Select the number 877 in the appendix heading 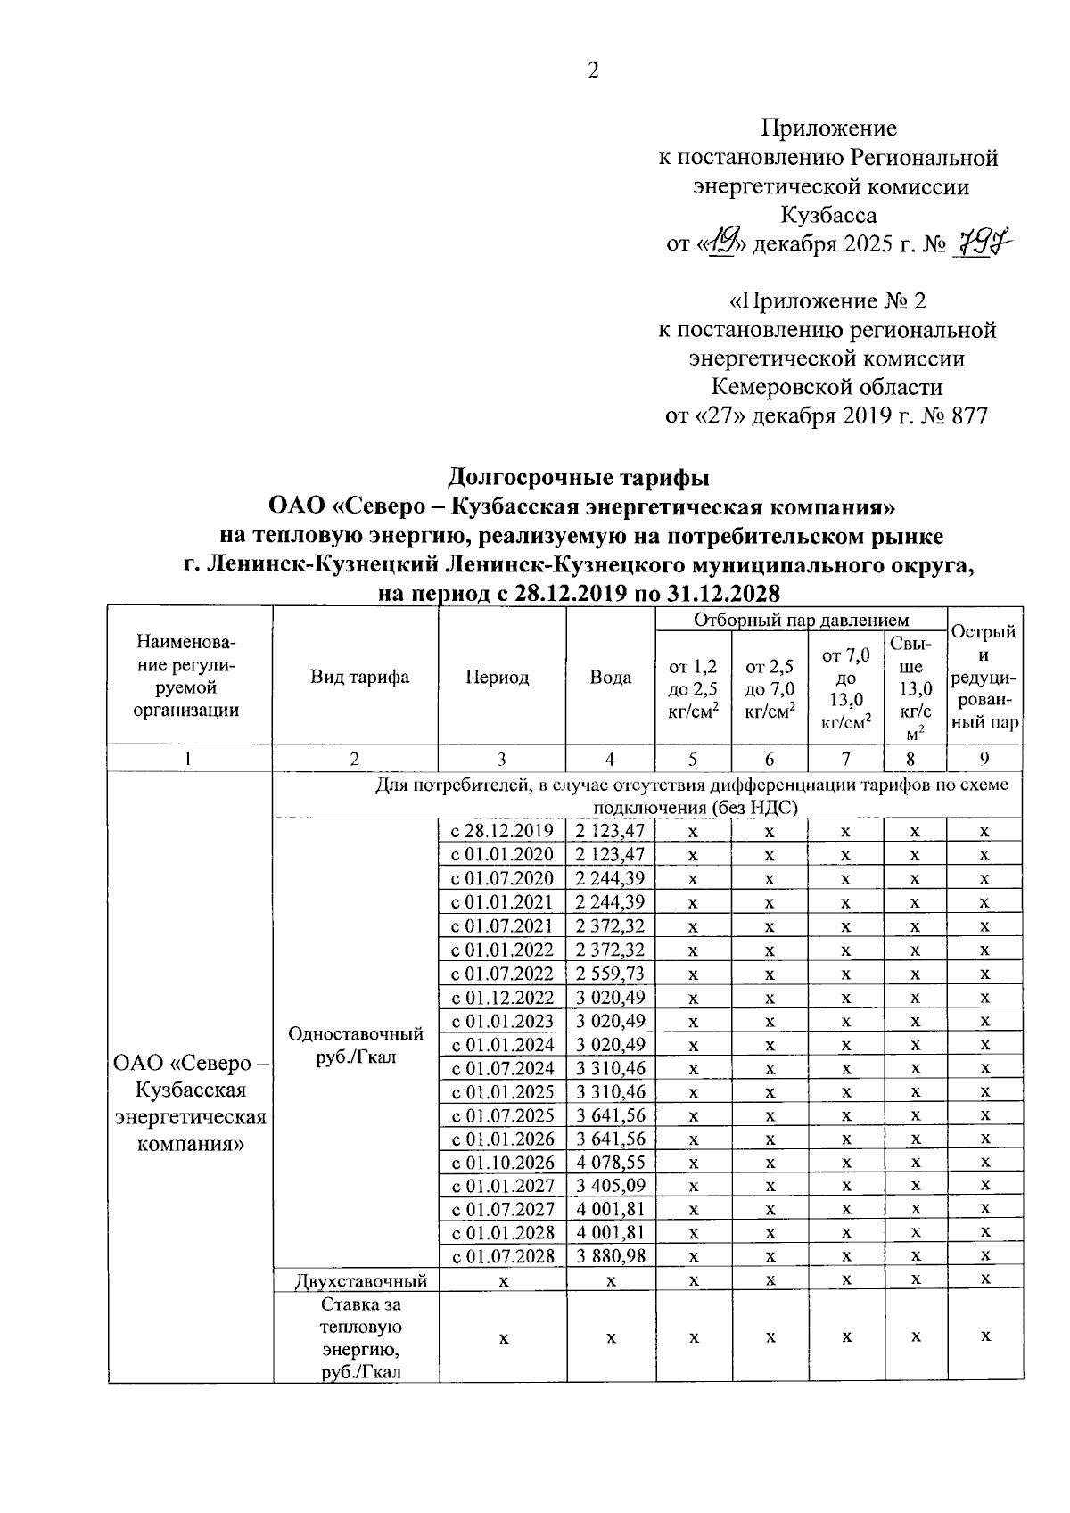pos(969,415)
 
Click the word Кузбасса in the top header pos(827,215)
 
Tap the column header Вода pos(611,677)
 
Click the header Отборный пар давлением pos(801,620)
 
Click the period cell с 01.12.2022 pos(502,997)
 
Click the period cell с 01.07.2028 pos(502,1256)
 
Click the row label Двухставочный pos(361,1280)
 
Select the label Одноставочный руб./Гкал pos(356,1045)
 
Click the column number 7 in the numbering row pos(845,759)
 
